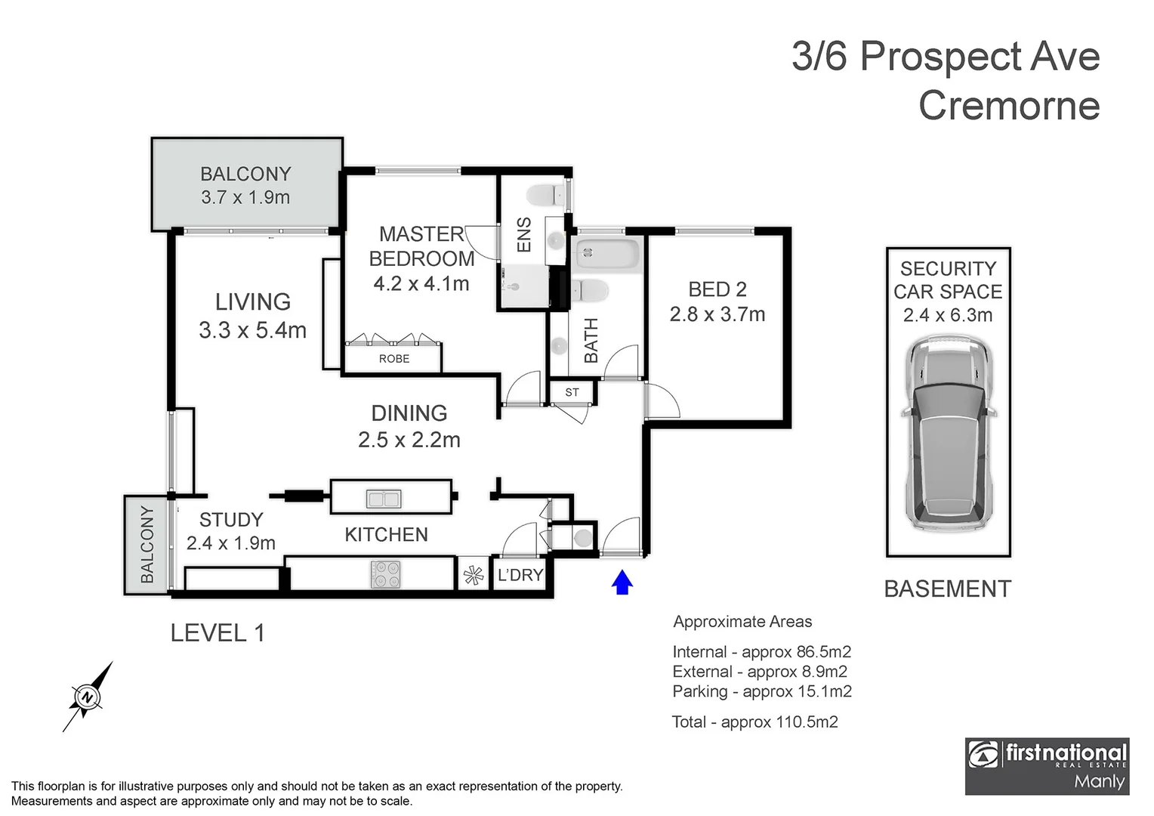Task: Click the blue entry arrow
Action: pos(622,583)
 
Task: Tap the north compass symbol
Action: pos(88,696)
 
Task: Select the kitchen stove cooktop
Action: pos(385,574)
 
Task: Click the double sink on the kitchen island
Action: pos(384,499)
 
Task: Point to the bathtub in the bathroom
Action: pos(606,253)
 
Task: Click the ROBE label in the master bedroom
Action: pos(394,359)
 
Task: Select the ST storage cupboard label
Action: pos(572,392)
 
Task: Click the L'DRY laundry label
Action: pos(520,575)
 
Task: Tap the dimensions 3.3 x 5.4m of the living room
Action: pos(252,330)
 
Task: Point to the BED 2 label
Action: pos(717,289)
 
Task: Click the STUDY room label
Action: pos(231,520)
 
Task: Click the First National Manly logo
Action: pos(1047,766)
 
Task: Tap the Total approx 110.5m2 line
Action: pos(754,722)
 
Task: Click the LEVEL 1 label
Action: pos(218,632)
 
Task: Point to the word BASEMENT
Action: pos(947,589)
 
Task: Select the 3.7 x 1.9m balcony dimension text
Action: pos(245,197)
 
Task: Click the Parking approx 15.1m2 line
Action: pos(761,691)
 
